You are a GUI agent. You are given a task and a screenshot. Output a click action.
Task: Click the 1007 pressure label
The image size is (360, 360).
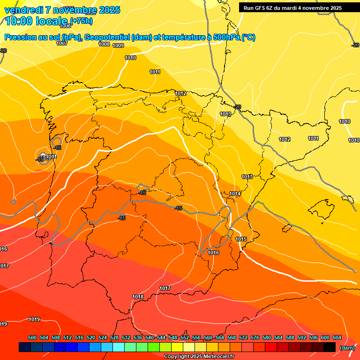[62, 43]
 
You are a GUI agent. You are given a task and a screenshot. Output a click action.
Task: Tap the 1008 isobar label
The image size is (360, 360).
[104, 45]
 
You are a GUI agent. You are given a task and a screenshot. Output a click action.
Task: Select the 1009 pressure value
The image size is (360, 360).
[118, 46]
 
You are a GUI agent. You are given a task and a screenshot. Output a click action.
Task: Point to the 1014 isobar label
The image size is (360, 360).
[235, 194]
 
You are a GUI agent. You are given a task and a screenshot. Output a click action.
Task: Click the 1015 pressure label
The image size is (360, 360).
[241, 240]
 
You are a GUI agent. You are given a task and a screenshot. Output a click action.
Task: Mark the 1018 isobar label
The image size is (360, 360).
[138, 297]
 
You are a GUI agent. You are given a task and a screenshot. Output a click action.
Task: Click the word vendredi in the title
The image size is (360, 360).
[23, 10]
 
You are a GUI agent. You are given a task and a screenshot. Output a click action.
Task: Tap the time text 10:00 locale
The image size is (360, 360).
[37, 21]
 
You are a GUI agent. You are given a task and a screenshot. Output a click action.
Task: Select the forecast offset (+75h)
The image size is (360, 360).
[81, 21]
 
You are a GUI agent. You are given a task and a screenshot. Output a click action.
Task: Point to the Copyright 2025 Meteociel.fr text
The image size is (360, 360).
[199, 357]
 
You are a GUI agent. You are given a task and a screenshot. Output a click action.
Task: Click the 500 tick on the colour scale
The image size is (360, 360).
[32, 338]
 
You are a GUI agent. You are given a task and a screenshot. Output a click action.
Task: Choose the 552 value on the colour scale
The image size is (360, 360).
[185, 338]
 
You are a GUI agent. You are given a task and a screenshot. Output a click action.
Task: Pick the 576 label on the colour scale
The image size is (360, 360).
[255, 338]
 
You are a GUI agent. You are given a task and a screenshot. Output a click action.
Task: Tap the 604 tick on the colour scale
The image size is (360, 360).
[337, 338]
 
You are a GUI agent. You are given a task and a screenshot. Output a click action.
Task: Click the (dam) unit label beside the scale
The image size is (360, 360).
[347, 347]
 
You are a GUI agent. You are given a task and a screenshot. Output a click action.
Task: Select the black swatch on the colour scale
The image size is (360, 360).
[330, 347]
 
